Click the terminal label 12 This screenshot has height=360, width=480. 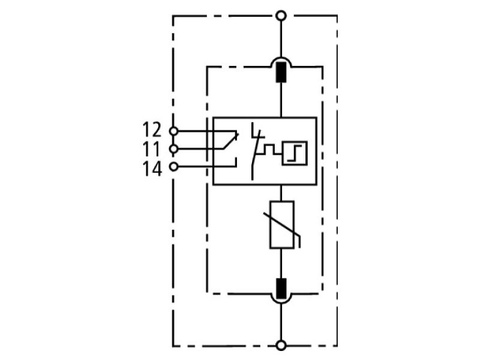point(152,130)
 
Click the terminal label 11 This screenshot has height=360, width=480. point(152,149)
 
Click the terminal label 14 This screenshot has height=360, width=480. point(152,169)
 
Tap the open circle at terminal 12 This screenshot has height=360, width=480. point(173,131)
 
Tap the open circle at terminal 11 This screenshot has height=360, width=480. point(173,149)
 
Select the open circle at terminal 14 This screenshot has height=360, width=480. point(173,167)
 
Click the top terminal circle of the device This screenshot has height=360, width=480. point(281,16)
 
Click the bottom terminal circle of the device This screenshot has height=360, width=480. point(281,346)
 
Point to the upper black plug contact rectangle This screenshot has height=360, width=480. point(281,72)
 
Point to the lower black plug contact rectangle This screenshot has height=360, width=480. point(281,289)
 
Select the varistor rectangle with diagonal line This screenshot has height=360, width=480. point(281,224)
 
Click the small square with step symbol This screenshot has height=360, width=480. point(295,153)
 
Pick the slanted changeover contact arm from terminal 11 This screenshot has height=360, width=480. point(230,141)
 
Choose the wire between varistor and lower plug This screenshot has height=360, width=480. point(281,263)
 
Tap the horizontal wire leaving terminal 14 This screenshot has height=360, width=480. point(206,167)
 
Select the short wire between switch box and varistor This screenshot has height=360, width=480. point(281,193)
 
